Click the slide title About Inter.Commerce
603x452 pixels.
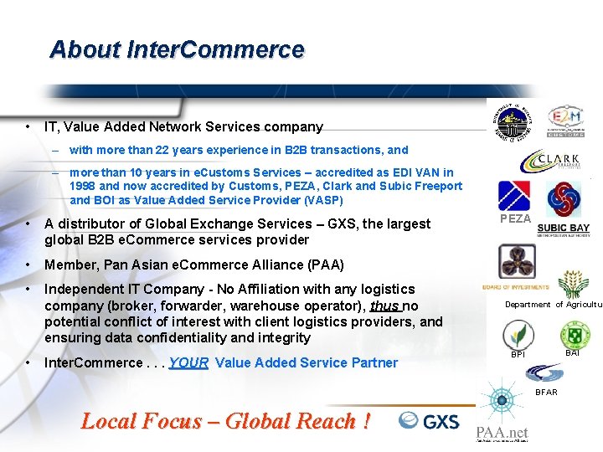point(177,49)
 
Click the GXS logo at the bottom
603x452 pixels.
point(430,420)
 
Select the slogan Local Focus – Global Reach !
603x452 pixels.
point(225,421)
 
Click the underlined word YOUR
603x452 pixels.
point(188,362)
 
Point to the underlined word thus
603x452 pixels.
point(384,306)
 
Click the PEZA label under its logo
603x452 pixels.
point(515,218)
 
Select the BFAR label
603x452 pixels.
point(546,392)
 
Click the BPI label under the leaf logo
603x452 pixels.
point(518,355)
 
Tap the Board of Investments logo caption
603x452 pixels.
point(515,287)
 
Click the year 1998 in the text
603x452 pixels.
point(83,186)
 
